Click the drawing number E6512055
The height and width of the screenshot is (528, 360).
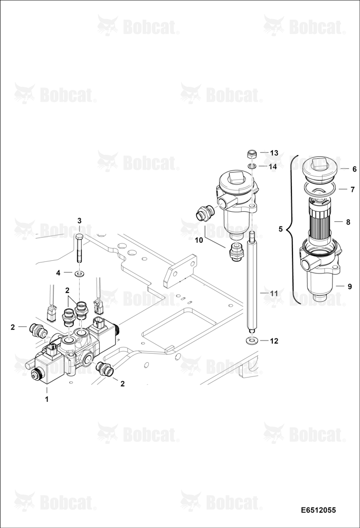[x=319, y=510]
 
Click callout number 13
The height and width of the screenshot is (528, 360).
[x=274, y=153]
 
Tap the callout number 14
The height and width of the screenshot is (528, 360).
[x=273, y=166]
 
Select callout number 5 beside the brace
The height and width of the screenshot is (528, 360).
[x=280, y=229]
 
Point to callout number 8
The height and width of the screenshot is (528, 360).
[x=348, y=222]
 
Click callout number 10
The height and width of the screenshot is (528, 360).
[x=199, y=240]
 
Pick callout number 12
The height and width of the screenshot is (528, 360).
[x=274, y=341]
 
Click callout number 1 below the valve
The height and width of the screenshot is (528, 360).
[x=47, y=399]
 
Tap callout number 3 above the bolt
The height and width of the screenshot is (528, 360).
[x=80, y=221]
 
